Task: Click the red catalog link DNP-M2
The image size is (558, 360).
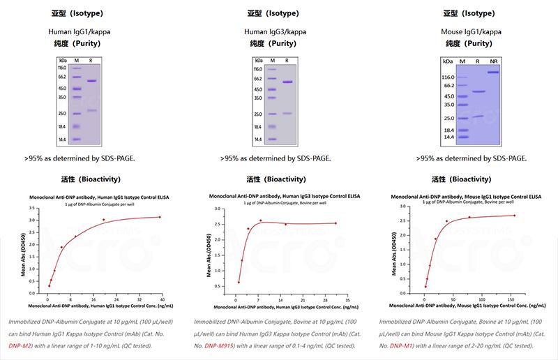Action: (20, 345)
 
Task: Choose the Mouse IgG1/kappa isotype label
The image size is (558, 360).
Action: (469, 32)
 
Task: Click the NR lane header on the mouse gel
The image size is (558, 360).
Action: (494, 62)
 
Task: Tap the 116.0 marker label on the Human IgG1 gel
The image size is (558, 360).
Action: (61, 68)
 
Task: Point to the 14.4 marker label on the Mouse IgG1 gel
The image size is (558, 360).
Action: (448, 137)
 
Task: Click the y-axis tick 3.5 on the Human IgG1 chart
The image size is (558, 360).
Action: (40, 208)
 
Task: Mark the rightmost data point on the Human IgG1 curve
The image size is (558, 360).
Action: (160, 217)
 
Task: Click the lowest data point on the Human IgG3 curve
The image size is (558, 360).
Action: (239, 282)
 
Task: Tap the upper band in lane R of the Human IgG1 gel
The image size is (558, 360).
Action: (91, 81)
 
